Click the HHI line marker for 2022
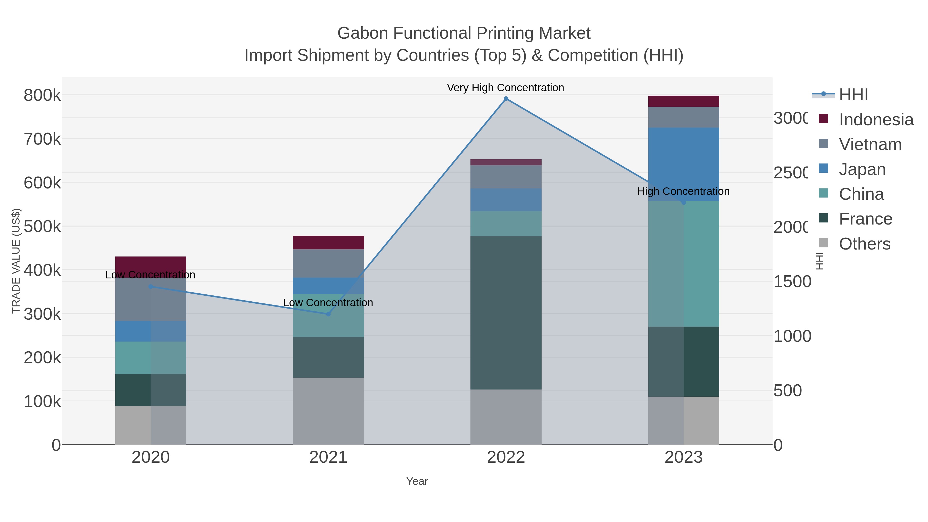tap(506, 99)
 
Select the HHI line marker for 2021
tap(328, 314)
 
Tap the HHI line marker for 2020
tap(151, 287)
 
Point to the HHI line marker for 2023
tap(684, 202)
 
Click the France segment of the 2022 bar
tap(506, 313)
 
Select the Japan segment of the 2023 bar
tap(684, 159)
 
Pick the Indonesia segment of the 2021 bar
tap(328, 243)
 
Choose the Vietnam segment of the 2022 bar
tap(506, 177)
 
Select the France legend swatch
tap(824, 218)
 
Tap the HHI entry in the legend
tap(853, 95)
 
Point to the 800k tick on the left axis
tap(42, 95)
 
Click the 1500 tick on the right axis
tap(792, 282)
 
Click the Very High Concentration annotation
tap(506, 88)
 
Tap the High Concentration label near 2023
tap(683, 191)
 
